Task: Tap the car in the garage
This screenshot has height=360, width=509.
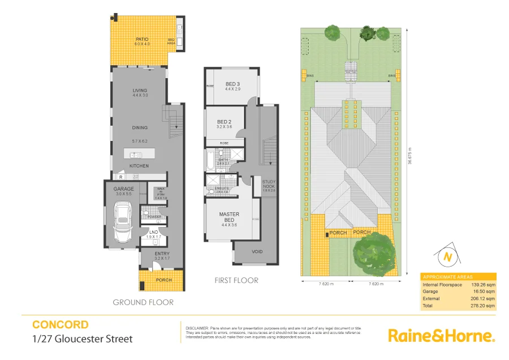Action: [122, 222]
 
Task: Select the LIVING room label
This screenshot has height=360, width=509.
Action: [140, 91]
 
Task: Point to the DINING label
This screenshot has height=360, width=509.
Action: [140, 128]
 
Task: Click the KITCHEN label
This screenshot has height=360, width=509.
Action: [139, 166]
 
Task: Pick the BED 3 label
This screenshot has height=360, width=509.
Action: [233, 84]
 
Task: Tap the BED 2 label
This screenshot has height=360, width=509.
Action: [224, 122]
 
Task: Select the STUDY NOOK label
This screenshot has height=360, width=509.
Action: [269, 183]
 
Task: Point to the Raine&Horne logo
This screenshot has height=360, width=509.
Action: [441, 335]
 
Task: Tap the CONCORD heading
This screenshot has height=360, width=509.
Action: [60, 325]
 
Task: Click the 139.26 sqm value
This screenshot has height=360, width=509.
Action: [483, 284]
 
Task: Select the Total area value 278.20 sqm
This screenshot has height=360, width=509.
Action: [483, 306]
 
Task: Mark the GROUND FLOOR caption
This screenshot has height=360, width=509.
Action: [143, 302]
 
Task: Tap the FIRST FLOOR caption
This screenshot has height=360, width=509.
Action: [236, 280]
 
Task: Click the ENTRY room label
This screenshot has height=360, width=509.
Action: [162, 254]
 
